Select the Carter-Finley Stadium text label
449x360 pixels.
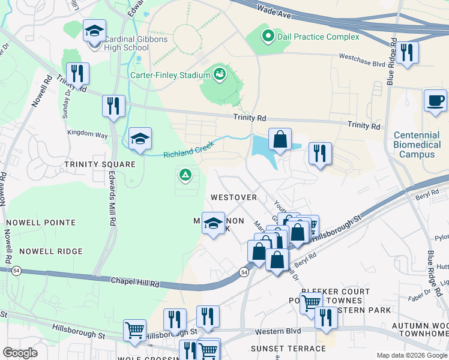[x=170, y=76]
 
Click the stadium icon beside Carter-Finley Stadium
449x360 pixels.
[x=219, y=74]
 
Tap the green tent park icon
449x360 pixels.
[x=185, y=176]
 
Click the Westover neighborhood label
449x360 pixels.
[x=234, y=197]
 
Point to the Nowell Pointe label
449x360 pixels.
[x=41, y=223]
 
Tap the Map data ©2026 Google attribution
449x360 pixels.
[x=411, y=355]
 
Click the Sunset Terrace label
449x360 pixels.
[x=280, y=348]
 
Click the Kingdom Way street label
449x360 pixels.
[x=88, y=136]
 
